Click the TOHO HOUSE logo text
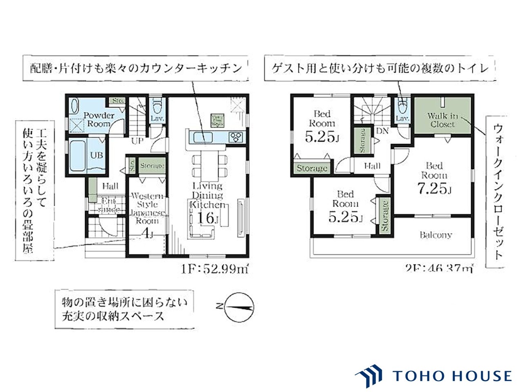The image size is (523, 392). (451, 376)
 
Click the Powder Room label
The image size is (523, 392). (97, 119)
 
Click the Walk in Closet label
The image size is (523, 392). (443, 120)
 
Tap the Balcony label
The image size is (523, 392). (436, 235)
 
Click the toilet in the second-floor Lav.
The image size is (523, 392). (402, 107)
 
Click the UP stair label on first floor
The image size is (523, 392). (136, 141)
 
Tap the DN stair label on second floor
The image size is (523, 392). (382, 131)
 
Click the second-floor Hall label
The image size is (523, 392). (372, 166)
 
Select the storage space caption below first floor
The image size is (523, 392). (124, 309)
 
